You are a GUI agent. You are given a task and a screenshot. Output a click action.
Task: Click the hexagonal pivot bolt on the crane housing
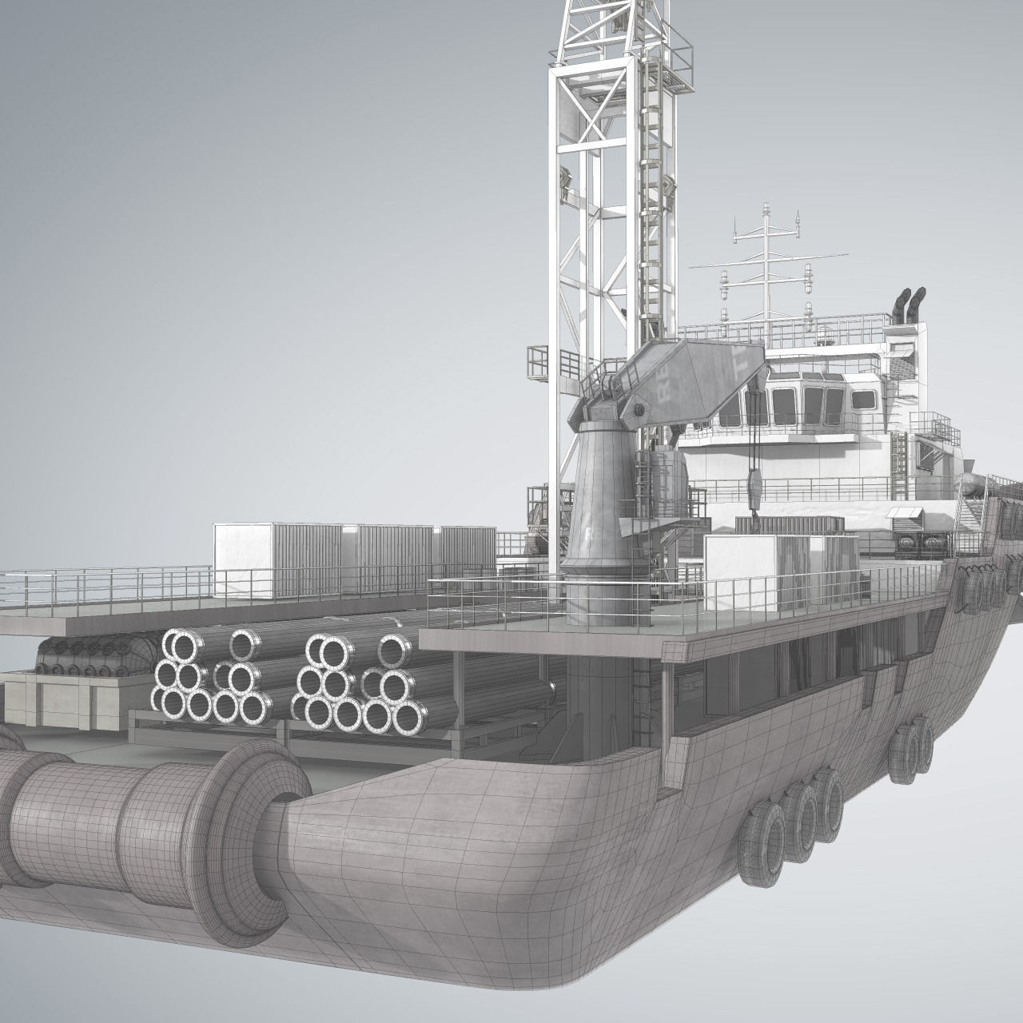[639, 410]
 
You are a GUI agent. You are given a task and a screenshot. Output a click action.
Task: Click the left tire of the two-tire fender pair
[903, 747]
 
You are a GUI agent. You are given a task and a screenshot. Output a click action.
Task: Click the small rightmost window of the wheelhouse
[862, 400]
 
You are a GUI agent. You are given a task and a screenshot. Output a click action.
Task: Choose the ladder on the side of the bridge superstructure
[899, 456]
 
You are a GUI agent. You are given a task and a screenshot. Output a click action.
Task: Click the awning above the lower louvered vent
[903, 511]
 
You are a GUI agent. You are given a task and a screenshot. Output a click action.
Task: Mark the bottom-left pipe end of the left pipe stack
[170, 704]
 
